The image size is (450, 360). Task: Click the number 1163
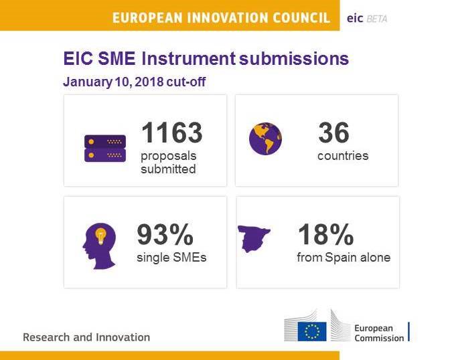pos(171,133)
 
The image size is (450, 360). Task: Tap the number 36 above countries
pos(333,133)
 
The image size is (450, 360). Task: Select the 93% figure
pos(165,235)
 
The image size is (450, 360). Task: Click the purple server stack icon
pos(104,148)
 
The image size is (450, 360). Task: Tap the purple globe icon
pos(265,139)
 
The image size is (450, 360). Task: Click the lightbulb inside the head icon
pos(102,236)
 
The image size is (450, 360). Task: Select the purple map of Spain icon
pos(255,237)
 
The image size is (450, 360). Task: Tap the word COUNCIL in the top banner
pos(297,18)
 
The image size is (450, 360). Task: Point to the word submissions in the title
pos(293,59)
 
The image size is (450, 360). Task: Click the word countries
pos(343,156)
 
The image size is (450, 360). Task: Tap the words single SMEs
pos(171,257)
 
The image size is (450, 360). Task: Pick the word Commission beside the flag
pos(379,338)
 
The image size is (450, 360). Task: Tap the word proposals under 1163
pos(168,156)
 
